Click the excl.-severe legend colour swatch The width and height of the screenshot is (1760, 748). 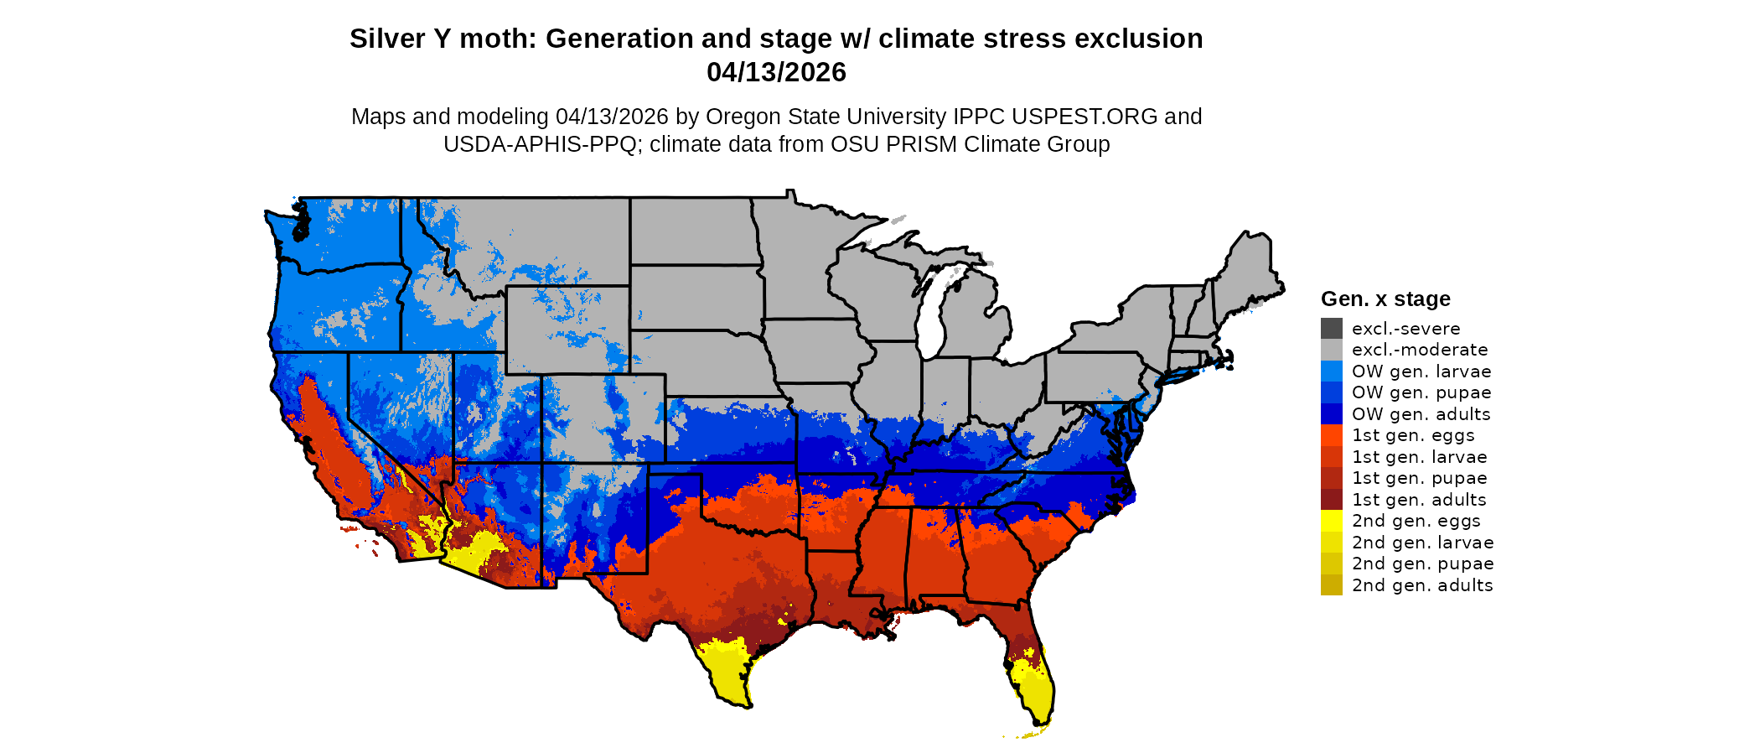[x=1331, y=328]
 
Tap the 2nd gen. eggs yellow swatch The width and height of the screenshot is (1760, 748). [x=1331, y=521]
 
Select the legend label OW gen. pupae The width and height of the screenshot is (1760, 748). [x=1421, y=392]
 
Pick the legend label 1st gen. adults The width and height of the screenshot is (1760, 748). [x=1419, y=500]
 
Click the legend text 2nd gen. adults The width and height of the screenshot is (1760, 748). [x=1422, y=585]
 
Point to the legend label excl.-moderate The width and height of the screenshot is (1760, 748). [x=1420, y=350]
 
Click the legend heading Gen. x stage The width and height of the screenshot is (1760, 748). [x=1385, y=299]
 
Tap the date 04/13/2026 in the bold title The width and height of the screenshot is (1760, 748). [x=776, y=72]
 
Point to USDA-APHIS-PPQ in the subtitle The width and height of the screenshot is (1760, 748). [x=540, y=144]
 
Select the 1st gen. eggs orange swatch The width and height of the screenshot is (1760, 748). [x=1331, y=435]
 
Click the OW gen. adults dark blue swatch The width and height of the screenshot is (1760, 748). [x=1331, y=413]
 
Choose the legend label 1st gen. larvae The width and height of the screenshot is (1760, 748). [x=1419, y=457]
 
